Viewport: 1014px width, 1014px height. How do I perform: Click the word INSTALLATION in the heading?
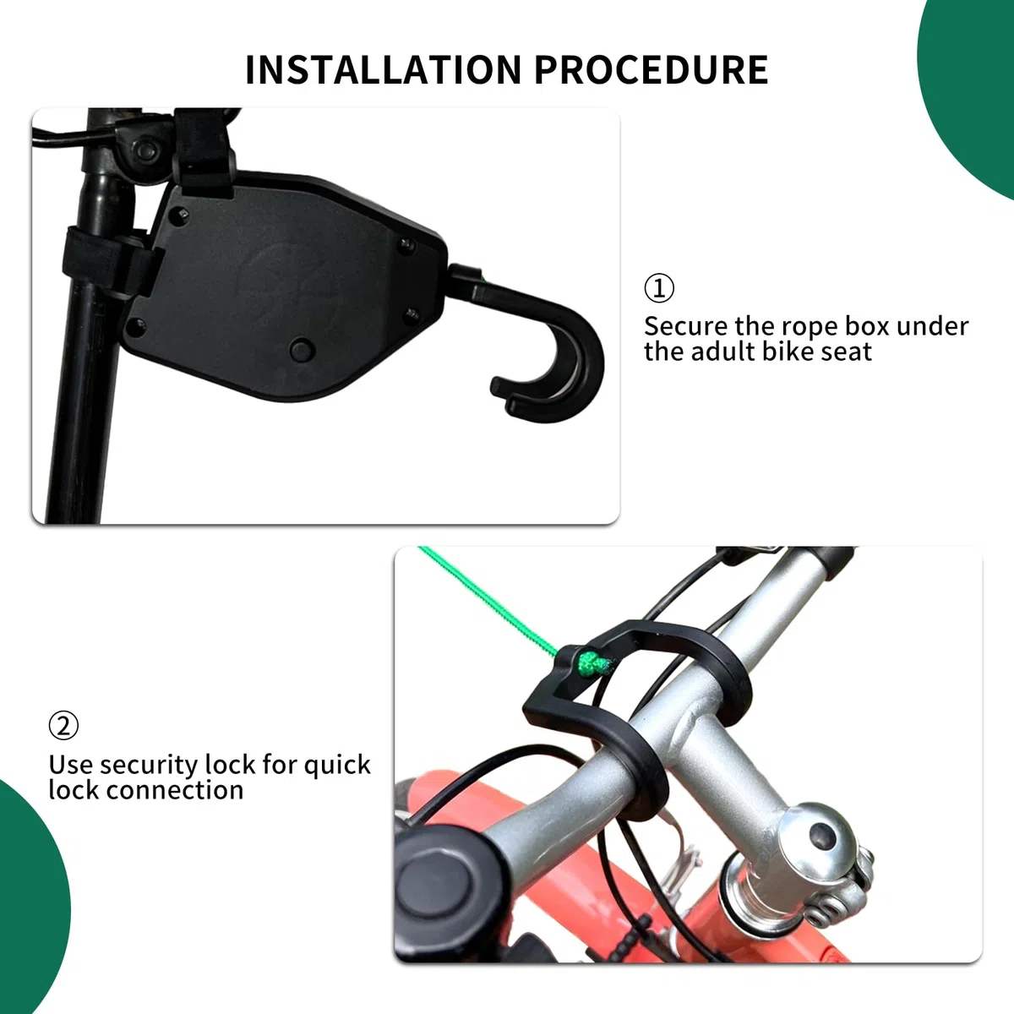383,69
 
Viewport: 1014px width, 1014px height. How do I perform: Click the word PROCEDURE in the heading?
651,69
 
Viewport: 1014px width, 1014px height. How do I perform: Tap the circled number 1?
659,288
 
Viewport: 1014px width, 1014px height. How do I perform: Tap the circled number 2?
63,725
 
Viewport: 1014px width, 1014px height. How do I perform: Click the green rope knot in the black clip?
593,663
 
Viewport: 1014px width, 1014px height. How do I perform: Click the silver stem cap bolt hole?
822,836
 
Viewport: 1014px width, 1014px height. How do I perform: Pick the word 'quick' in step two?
337,766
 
